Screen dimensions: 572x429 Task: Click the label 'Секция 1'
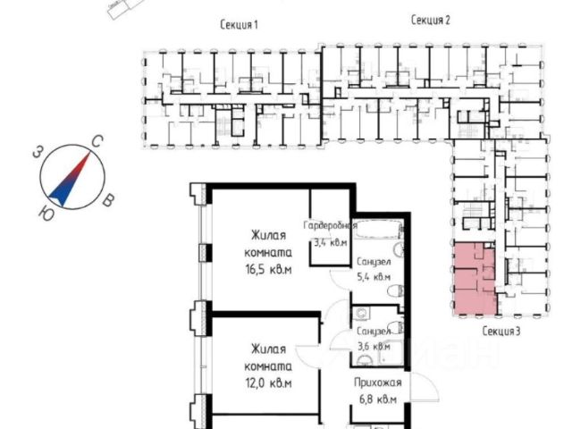(239, 25)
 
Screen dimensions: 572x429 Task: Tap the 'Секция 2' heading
(431, 20)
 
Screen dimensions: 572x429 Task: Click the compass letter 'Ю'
(45, 212)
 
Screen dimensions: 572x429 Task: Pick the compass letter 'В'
(107, 201)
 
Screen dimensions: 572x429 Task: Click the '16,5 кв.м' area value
(269, 269)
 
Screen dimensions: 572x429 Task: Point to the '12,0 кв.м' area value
(268, 383)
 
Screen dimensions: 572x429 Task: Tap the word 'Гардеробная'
(331, 226)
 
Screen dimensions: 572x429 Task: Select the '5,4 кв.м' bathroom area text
(373, 277)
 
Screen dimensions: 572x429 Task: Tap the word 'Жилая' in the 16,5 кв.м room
(268, 236)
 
